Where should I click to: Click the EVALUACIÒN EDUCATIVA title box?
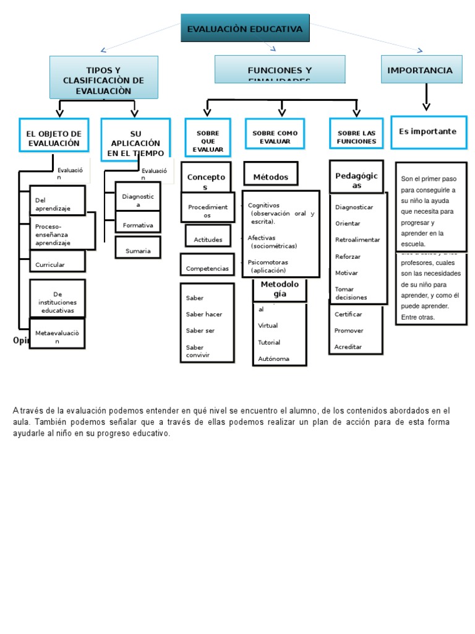[245, 28]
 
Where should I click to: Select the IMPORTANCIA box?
[420, 70]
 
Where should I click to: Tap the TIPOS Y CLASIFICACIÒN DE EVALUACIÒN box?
[103, 77]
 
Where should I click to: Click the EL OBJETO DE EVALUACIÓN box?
[53, 138]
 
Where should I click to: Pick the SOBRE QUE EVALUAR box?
[208, 138]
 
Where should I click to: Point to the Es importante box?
[428, 132]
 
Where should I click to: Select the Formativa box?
[138, 224]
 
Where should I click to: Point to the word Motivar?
[346, 272]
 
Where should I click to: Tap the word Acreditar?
[348, 347]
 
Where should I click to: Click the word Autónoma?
[273, 358]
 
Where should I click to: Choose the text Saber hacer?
[204, 314]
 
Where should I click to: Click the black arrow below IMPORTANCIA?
[426, 98]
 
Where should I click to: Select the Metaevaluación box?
[58, 334]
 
